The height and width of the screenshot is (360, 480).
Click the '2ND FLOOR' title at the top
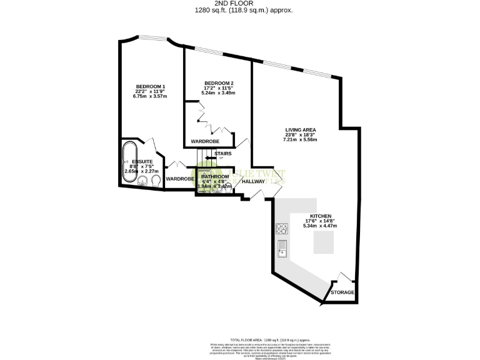tap(239, 3)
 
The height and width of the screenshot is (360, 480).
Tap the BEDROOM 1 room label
tap(151, 86)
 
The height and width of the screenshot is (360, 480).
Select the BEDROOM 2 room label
tap(219, 83)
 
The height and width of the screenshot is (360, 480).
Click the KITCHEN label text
tap(321, 216)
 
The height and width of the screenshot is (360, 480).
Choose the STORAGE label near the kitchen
tap(342, 292)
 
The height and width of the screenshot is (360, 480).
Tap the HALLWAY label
tap(254, 181)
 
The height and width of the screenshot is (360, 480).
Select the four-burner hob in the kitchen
tap(282, 229)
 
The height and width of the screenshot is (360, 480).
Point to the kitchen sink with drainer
tap(282, 249)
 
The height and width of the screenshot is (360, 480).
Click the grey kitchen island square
tap(324, 242)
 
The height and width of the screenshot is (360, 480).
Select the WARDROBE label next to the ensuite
tap(179, 179)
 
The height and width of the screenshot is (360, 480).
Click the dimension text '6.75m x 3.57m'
tap(151, 96)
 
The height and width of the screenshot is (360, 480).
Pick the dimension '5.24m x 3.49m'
tap(219, 92)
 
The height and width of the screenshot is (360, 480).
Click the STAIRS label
tap(223, 152)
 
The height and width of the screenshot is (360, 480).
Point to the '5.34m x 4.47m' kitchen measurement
tap(321, 226)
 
